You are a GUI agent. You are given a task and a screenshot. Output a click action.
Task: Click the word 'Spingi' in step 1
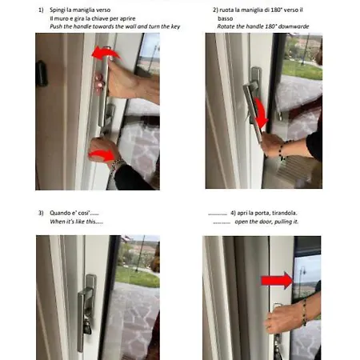click(58, 10)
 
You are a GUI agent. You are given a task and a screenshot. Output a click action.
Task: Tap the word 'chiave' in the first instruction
click(100, 18)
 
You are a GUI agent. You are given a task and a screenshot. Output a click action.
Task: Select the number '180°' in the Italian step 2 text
click(276, 10)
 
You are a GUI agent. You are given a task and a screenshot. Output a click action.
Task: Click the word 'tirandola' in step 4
click(284, 213)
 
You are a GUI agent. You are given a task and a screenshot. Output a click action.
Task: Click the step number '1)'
click(41, 10)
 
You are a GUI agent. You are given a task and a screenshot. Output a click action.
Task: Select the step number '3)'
click(41, 213)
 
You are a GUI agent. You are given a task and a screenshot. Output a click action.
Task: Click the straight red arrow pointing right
click(277, 281)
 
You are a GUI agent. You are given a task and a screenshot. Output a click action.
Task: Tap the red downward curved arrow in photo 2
click(260, 112)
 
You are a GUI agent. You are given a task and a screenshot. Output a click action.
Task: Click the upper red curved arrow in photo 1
click(106, 52)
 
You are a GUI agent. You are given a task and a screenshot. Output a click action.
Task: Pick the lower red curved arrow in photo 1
click(103, 155)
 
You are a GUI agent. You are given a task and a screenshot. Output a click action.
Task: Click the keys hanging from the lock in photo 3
click(88, 326)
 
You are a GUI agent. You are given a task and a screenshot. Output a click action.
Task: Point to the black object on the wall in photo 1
click(42, 74)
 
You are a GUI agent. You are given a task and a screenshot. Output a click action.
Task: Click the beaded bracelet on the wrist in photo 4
click(305, 312)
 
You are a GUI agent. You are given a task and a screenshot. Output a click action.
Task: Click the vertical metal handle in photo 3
click(81, 320)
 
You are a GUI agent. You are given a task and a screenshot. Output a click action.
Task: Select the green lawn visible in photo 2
click(302, 70)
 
